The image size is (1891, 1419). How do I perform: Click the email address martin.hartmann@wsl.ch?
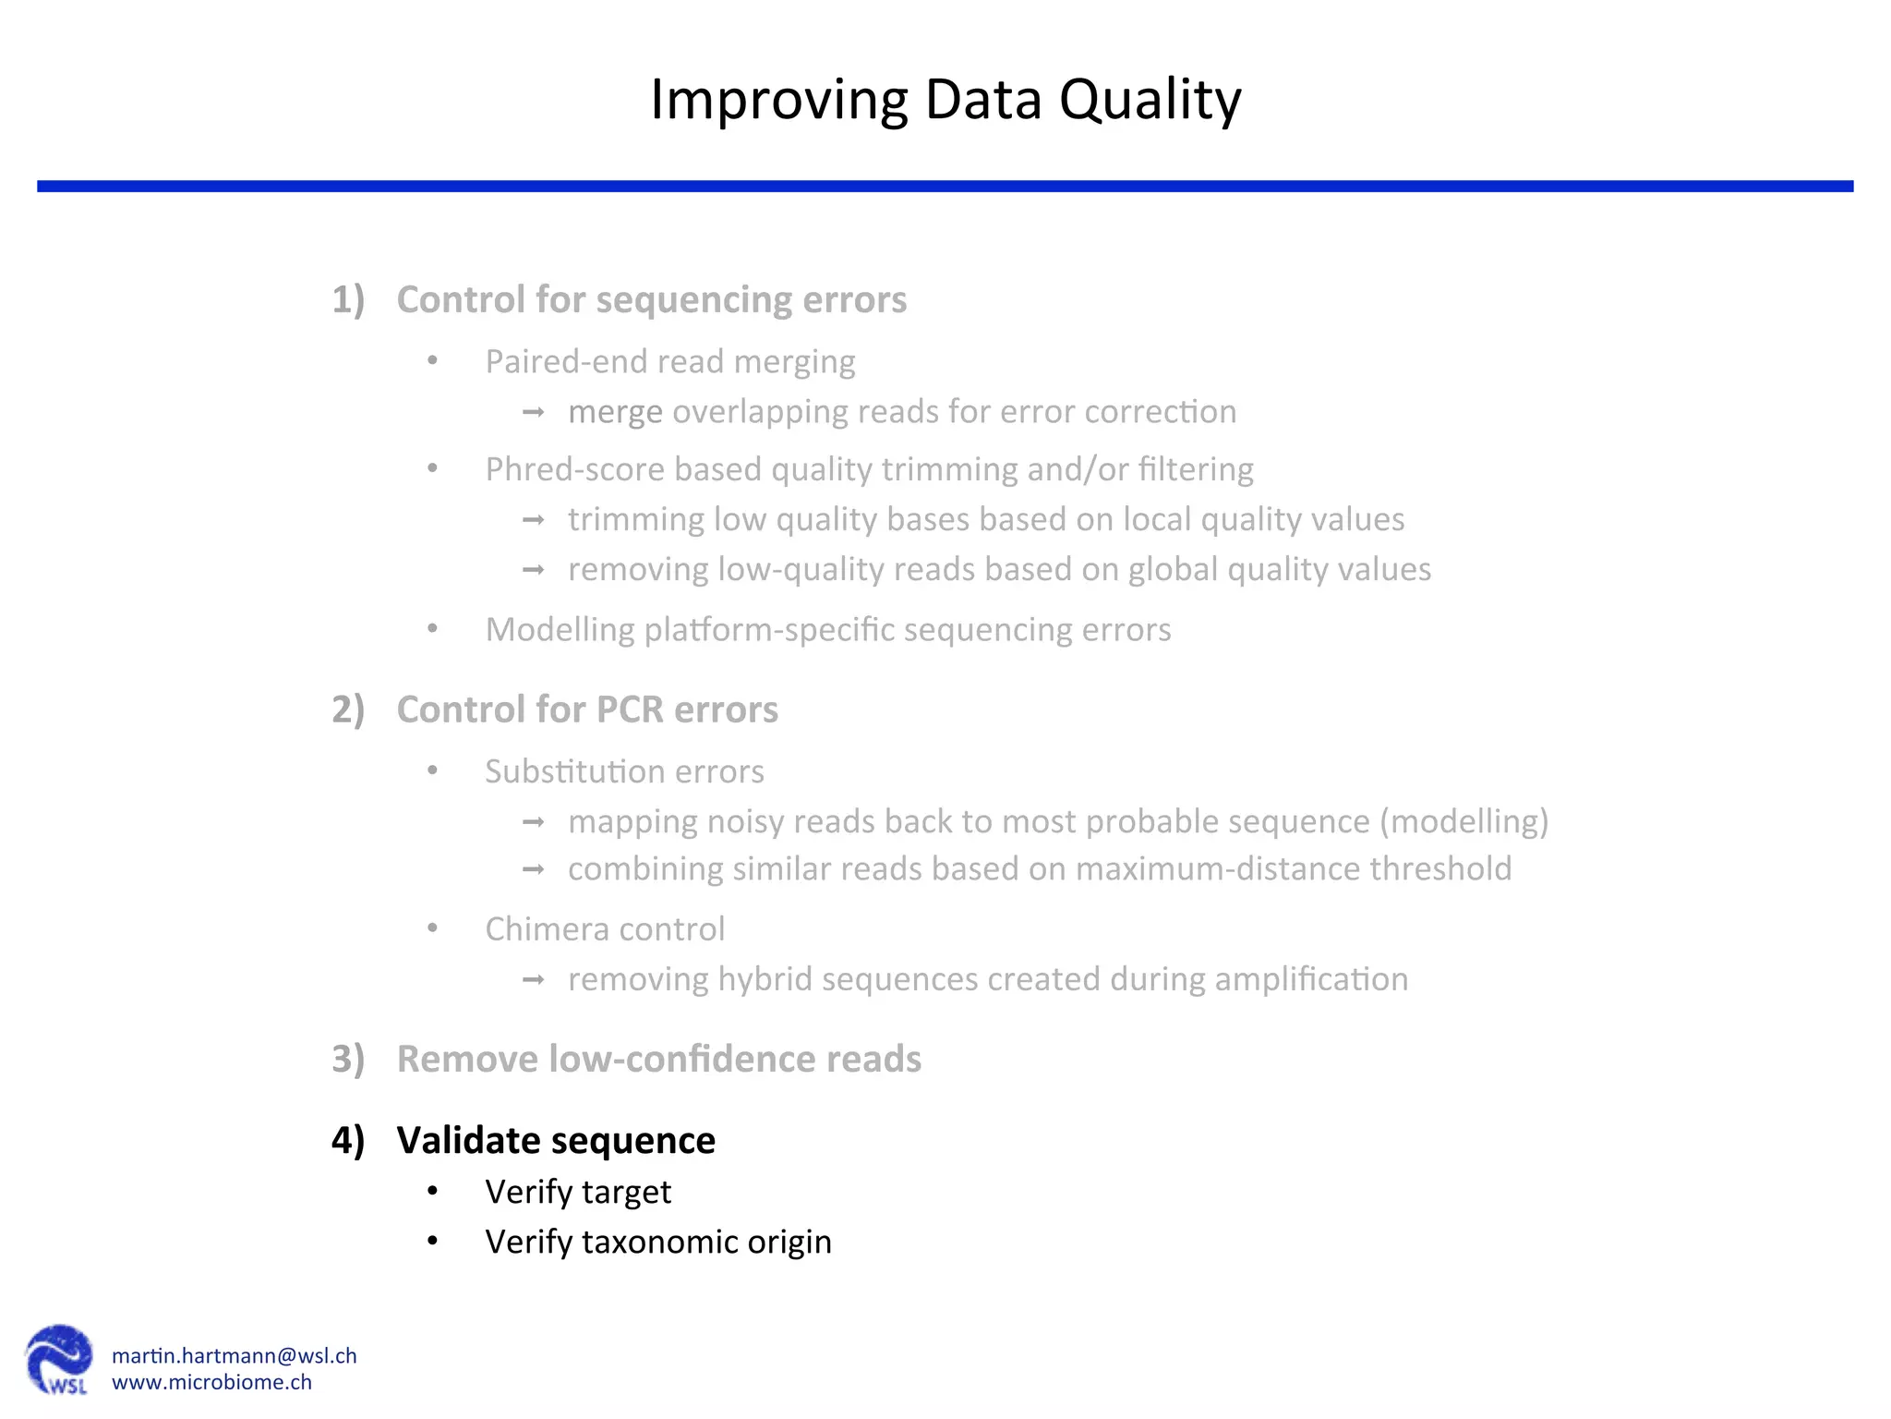[234, 1355]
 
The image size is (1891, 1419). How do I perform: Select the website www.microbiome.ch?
[211, 1382]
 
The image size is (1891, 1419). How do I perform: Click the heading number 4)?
[348, 1140]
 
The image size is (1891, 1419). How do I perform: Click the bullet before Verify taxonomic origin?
[432, 1241]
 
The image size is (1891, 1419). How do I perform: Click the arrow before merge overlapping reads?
[534, 412]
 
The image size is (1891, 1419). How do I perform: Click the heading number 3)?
[348, 1059]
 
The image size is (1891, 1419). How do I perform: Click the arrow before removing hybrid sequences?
[534, 979]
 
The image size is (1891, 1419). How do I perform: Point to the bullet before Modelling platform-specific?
[432, 629]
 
